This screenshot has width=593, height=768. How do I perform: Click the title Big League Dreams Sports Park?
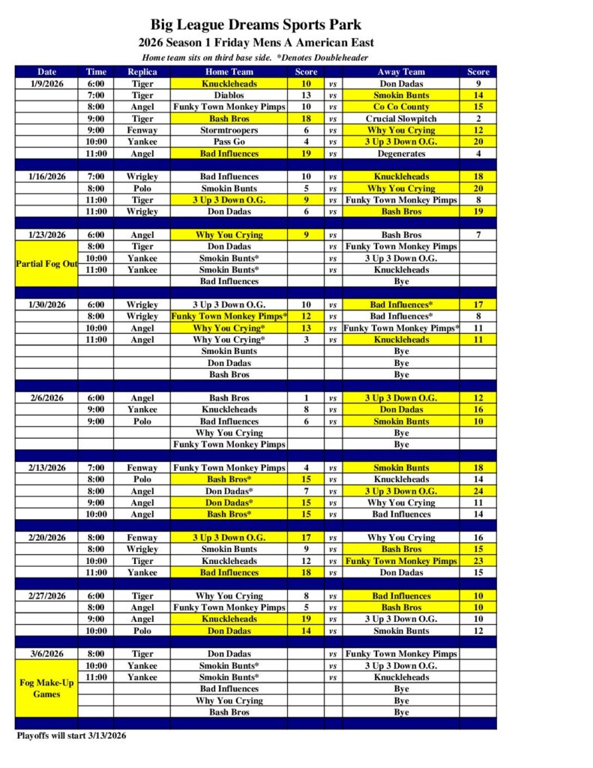click(256, 25)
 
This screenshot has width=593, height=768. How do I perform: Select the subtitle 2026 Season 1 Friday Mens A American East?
click(256, 43)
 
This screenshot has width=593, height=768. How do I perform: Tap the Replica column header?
click(142, 72)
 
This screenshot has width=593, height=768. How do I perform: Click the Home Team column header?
click(229, 72)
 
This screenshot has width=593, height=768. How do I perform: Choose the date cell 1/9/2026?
click(47, 84)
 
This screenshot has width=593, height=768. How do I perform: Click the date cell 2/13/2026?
click(47, 468)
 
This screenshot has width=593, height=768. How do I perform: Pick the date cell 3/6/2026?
click(47, 654)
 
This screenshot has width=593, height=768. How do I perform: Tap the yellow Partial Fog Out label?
click(47, 263)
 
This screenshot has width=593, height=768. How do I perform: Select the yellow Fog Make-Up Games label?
click(47, 688)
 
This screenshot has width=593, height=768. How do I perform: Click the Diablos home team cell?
click(229, 95)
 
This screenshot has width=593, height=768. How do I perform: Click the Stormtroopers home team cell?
click(229, 130)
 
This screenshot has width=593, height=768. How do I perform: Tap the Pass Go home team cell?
click(229, 142)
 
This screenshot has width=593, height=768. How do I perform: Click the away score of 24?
click(478, 491)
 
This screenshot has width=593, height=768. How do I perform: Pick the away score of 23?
click(478, 561)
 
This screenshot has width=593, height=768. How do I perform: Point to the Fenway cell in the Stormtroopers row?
click(142, 130)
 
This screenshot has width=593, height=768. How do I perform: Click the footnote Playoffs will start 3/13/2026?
click(72, 736)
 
